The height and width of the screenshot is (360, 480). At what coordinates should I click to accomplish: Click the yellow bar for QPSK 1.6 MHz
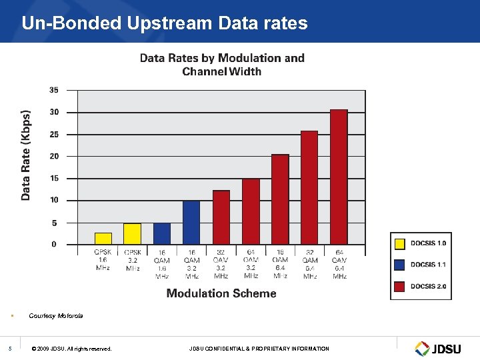pyautogui.click(x=103, y=239)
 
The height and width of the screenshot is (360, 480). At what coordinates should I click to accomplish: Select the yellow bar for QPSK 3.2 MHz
pyautogui.click(x=132, y=234)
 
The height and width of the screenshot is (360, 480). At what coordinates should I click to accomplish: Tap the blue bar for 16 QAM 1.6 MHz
pyautogui.click(x=162, y=234)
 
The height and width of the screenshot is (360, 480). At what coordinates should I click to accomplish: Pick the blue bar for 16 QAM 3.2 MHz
pyautogui.click(x=191, y=223)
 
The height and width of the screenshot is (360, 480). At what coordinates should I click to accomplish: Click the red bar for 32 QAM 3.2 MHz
pyautogui.click(x=221, y=217)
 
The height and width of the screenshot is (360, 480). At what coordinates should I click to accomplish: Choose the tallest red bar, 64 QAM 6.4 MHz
pyautogui.click(x=339, y=177)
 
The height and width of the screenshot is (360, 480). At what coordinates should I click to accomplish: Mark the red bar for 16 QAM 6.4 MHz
pyautogui.click(x=280, y=199)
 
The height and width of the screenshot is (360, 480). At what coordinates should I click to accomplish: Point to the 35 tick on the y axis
pyautogui.click(x=53, y=90)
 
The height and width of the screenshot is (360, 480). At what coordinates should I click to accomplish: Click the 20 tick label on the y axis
pyautogui.click(x=53, y=156)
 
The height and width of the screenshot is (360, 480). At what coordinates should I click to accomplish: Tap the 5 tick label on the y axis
pyautogui.click(x=55, y=223)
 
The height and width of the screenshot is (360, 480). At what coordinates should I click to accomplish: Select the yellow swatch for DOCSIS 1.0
pyautogui.click(x=399, y=243)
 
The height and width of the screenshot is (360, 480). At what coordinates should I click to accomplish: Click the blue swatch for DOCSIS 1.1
pyautogui.click(x=399, y=265)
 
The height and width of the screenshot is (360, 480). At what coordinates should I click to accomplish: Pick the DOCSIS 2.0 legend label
pyautogui.click(x=428, y=287)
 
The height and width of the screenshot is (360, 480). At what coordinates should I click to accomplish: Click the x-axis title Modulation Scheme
pyautogui.click(x=221, y=293)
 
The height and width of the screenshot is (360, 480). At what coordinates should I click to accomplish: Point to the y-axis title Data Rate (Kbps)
pyautogui.click(x=25, y=155)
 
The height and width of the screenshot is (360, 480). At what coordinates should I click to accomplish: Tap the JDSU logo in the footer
pyautogui.click(x=439, y=348)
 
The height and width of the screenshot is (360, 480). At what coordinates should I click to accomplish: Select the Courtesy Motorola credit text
pyautogui.click(x=56, y=315)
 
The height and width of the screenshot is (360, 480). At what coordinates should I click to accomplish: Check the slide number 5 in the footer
pyautogui.click(x=10, y=348)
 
